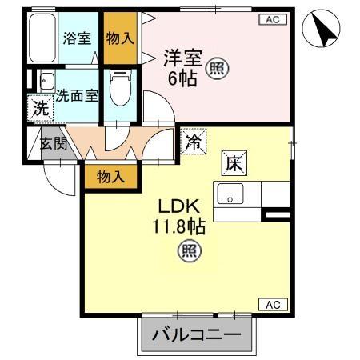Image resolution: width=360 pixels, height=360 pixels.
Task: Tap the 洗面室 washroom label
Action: click(x=77, y=94)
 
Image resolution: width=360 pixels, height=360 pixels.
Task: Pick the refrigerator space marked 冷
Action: click(x=193, y=142)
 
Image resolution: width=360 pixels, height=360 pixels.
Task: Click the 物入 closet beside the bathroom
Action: click(x=121, y=38)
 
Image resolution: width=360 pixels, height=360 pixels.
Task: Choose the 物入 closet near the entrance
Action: click(x=111, y=177)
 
